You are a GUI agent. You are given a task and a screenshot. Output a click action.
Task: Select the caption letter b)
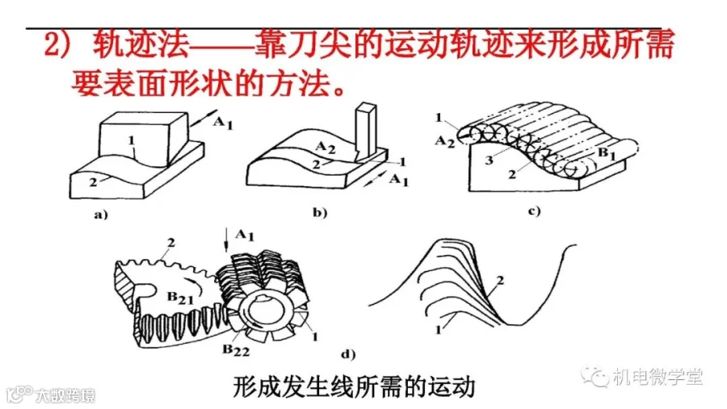pos(319,214)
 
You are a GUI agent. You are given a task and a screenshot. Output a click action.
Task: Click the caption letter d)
pos(347,353)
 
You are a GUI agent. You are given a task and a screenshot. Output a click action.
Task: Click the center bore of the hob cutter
pos(266,309)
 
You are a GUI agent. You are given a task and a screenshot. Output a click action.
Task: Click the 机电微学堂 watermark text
pos(657,376)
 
